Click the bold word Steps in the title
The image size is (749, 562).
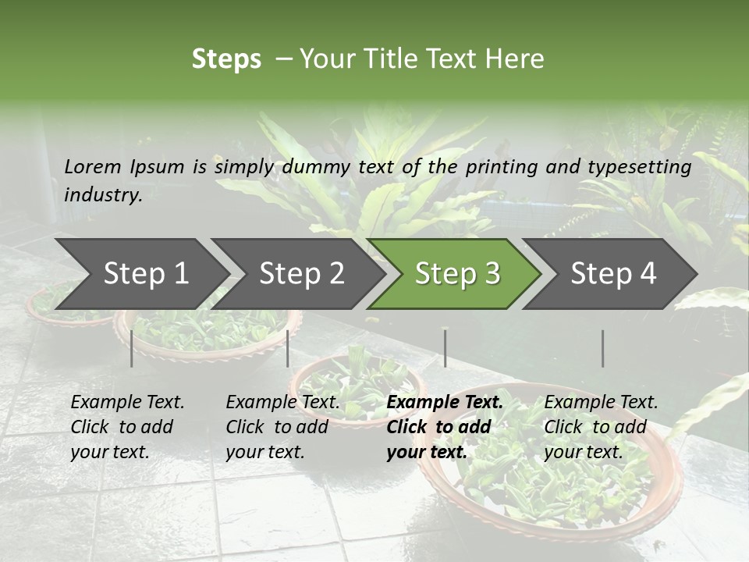tap(226, 59)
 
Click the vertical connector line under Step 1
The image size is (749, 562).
tap(132, 348)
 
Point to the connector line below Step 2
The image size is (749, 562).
tap(288, 348)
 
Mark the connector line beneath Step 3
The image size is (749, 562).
tap(445, 348)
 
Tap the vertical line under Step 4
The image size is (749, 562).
tap(602, 348)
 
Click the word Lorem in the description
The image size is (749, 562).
tap(93, 166)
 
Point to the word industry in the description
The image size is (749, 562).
tap(103, 195)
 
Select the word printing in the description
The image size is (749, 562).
tap(504, 167)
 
